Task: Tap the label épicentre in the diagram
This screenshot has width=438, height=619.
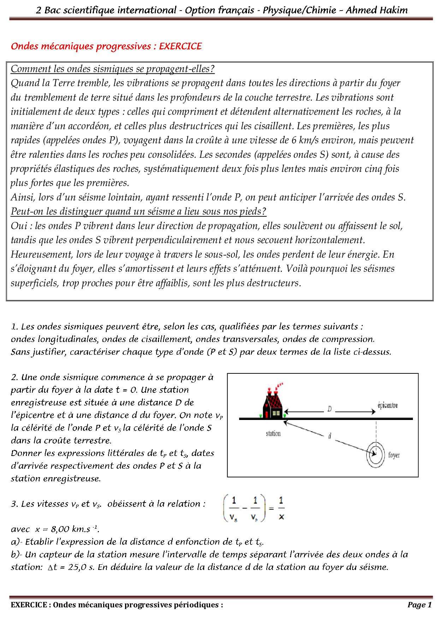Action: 387,405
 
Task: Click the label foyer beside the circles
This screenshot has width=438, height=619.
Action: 394,455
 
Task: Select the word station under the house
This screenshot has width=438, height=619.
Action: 273,433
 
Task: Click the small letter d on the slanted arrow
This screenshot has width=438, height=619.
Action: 330,436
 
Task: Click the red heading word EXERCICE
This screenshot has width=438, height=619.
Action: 180,46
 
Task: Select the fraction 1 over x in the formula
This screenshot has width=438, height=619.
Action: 281,509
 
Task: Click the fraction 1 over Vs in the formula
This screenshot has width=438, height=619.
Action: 234,509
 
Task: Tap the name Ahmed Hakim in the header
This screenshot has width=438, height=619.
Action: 377,10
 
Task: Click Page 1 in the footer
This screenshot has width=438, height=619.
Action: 419,605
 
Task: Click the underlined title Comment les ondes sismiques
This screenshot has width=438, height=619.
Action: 113,69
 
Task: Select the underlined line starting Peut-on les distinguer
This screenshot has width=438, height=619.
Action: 138,211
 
